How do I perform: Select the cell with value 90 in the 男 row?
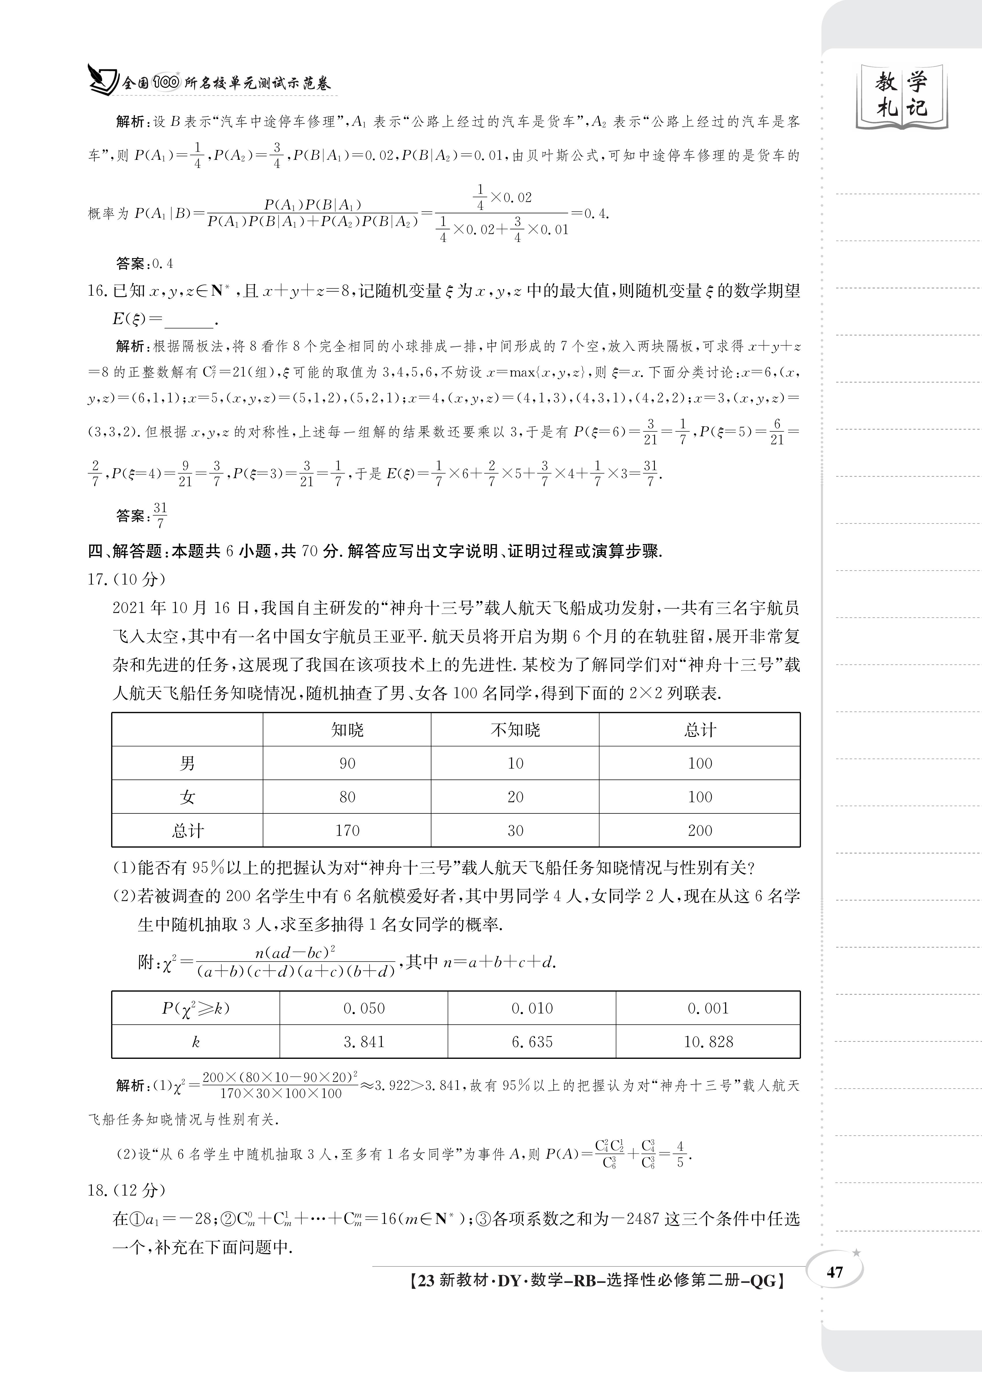(x=347, y=763)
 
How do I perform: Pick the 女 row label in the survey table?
(x=187, y=797)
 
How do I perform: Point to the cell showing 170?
(x=347, y=831)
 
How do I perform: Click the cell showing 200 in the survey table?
(x=700, y=831)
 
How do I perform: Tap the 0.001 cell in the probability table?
(x=708, y=1008)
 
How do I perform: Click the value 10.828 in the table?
(x=708, y=1042)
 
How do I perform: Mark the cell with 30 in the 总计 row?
(x=515, y=831)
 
